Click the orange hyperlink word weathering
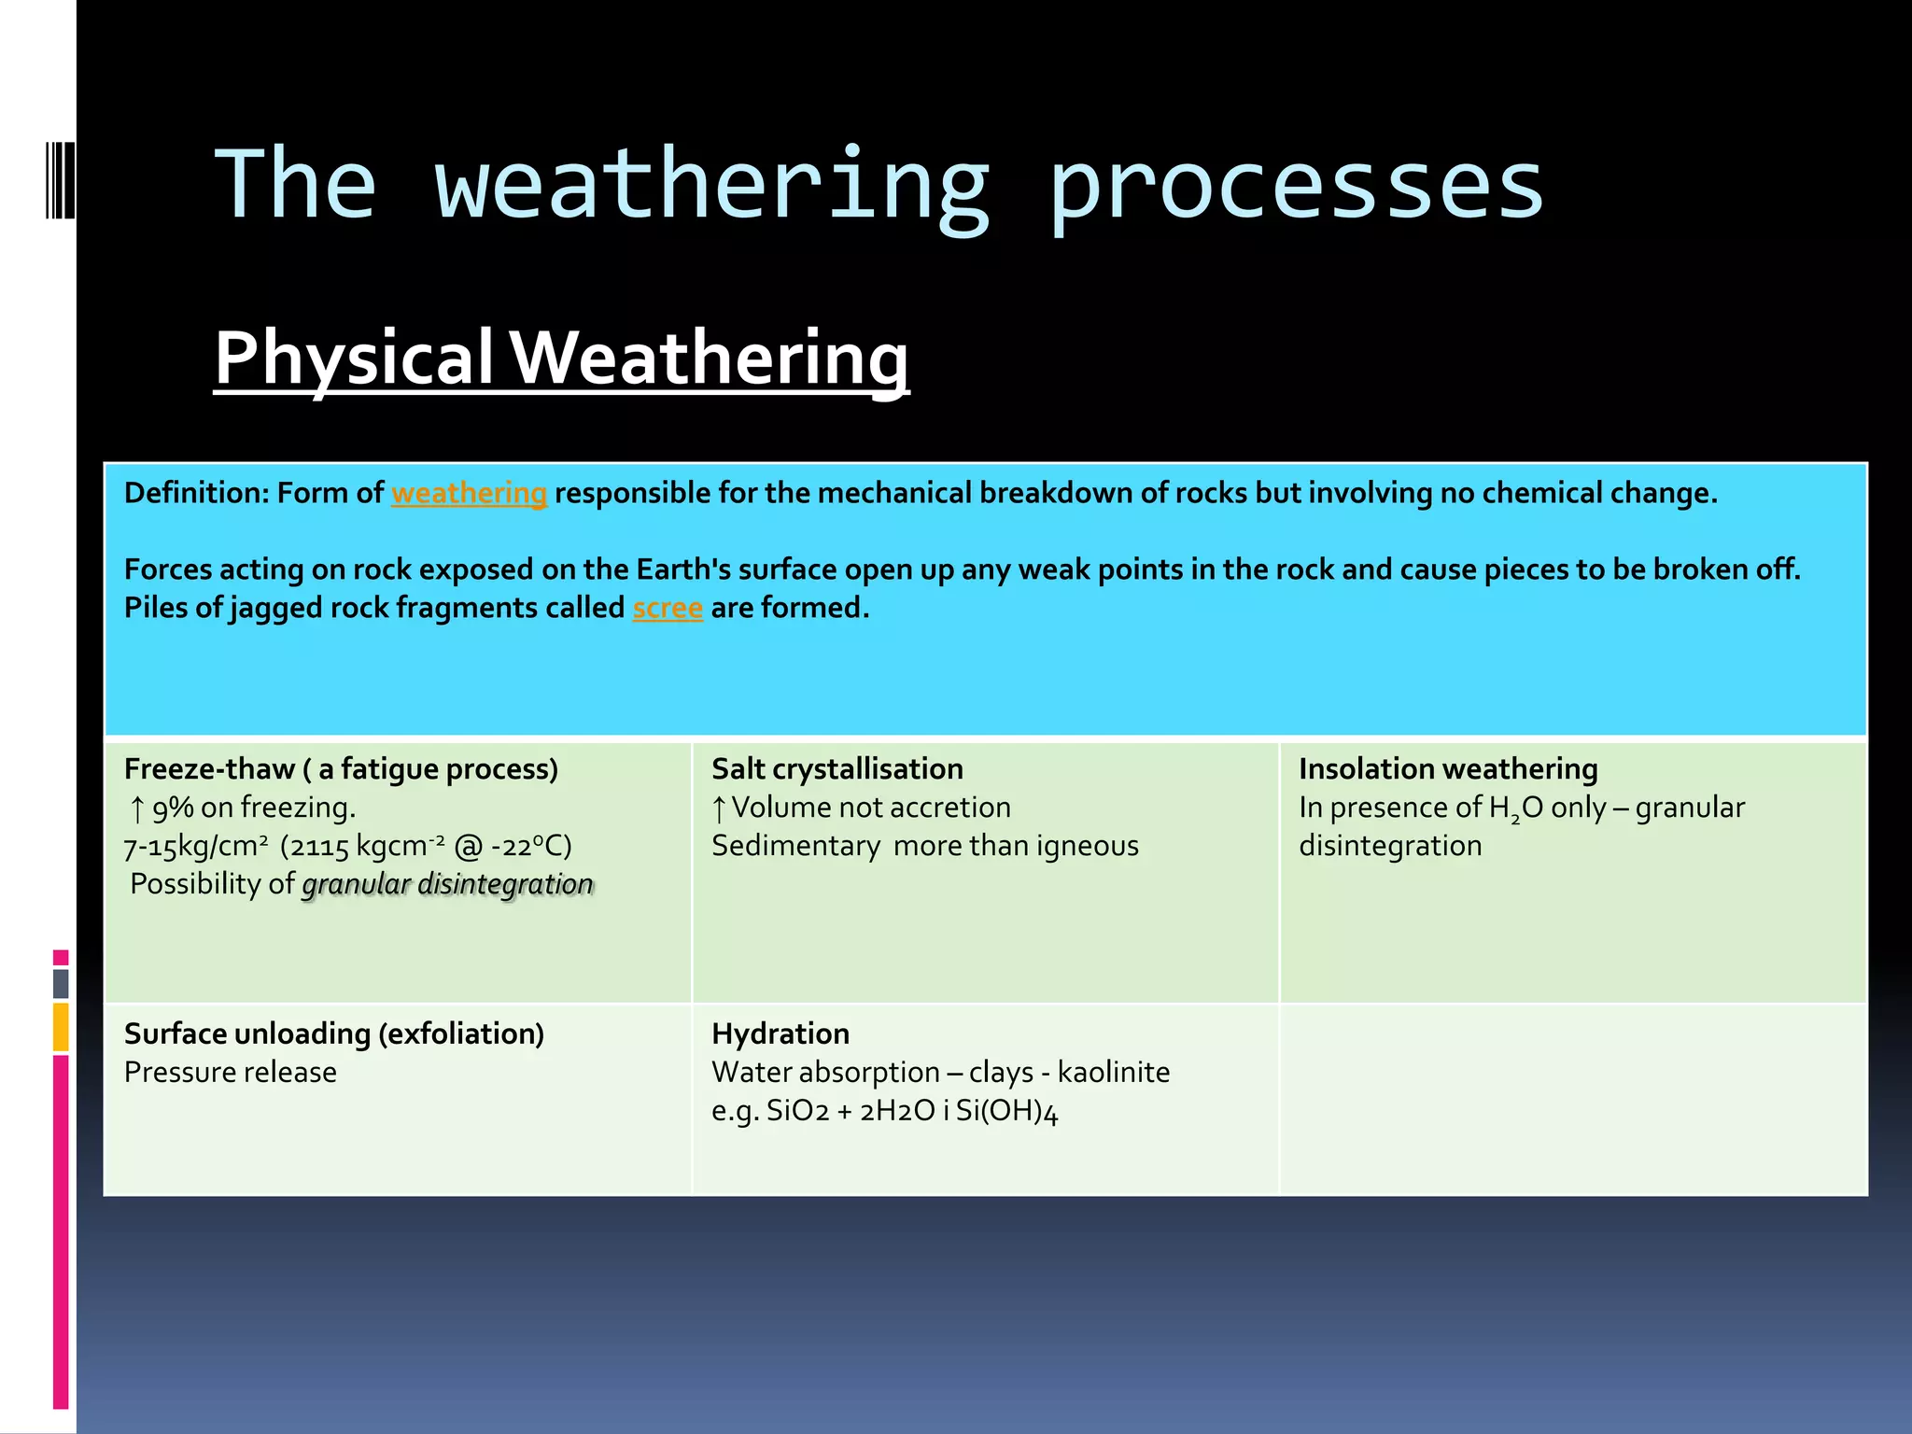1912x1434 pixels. (x=469, y=493)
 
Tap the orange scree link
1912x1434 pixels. (x=668, y=608)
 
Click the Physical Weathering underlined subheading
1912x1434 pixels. (x=561, y=358)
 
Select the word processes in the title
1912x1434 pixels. (x=1296, y=187)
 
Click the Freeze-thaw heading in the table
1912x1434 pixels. (x=341, y=768)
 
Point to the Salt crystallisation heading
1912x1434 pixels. (x=836, y=768)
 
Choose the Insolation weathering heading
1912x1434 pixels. (x=1448, y=768)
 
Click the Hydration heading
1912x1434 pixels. (x=780, y=1033)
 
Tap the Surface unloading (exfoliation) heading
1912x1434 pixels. (x=333, y=1033)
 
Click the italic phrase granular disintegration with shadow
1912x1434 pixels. (x=448, y=884)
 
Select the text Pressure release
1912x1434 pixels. (x=230, y=1072)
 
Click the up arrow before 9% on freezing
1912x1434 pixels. (x=136, y=808)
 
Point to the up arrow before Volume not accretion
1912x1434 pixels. (x=718, y=808)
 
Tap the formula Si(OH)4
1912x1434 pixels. (x=1006, y=1111)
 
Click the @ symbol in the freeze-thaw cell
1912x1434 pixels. (x=468, y=846)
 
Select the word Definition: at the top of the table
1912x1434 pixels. (x=196, y=493)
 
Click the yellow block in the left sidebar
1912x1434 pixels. (x=61, y=1026)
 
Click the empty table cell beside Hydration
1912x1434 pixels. (x=1572, y=1099)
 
